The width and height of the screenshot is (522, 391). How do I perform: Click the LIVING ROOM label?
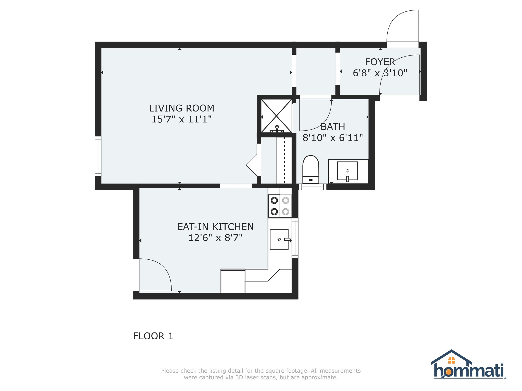[x=181, y=108]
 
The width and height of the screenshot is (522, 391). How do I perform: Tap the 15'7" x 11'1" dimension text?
[x=181, y=119]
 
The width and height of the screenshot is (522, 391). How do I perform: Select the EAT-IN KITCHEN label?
[x=215, y=227]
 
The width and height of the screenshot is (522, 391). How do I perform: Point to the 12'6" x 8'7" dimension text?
[x=215, y=238]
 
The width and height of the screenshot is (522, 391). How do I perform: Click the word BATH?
[x=333, y=127]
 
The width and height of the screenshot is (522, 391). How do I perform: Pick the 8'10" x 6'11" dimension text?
[x=333, y=138]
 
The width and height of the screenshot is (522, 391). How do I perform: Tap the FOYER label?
[x=380, y=62]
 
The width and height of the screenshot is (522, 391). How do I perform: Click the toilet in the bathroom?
[x=311, y=169]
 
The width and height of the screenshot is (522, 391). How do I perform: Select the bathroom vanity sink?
[x=347, y=171]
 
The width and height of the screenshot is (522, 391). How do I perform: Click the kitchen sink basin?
[x=279, y=239]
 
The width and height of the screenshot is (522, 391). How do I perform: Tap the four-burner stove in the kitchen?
[x=280, y=206]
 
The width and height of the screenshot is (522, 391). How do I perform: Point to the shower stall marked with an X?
[x=277, y=116]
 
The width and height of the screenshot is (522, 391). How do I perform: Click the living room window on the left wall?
[x=98, y=156]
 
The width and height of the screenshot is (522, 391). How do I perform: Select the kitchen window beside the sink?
[x=295, y=238]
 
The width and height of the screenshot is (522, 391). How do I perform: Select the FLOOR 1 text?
[x=153, y=336]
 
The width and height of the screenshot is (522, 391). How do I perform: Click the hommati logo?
[x=468, y=365]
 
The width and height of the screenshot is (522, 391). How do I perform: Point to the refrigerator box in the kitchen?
[x=233, y=281]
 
